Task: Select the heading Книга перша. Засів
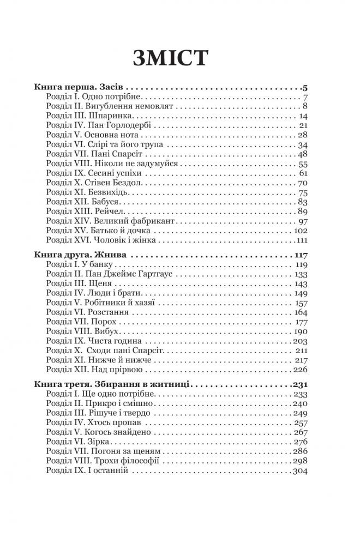point(80,87)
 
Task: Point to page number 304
point(299,470)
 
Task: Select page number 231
point(299,384)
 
